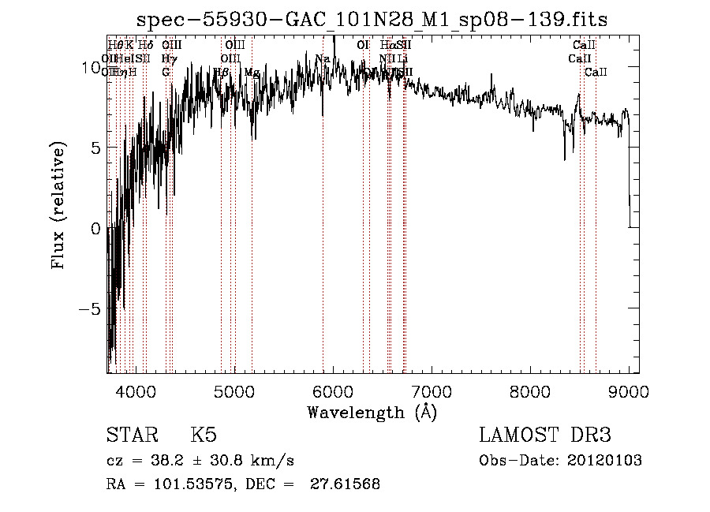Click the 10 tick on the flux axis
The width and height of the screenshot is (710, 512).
coord(91,68)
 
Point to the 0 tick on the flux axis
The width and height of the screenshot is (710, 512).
coord(95,229)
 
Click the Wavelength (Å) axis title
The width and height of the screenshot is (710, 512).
coord(372,412)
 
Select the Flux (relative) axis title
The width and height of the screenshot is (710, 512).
coord(58,205)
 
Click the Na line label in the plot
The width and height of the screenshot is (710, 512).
coord(323,59)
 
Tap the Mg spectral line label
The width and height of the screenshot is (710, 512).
coord(252,73)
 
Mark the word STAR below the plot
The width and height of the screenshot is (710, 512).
coord(131,435)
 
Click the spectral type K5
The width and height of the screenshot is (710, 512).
coord(204,435)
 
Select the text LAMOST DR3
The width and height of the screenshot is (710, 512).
coord(544,435)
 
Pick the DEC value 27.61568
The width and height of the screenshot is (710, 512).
coord(346,484)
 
